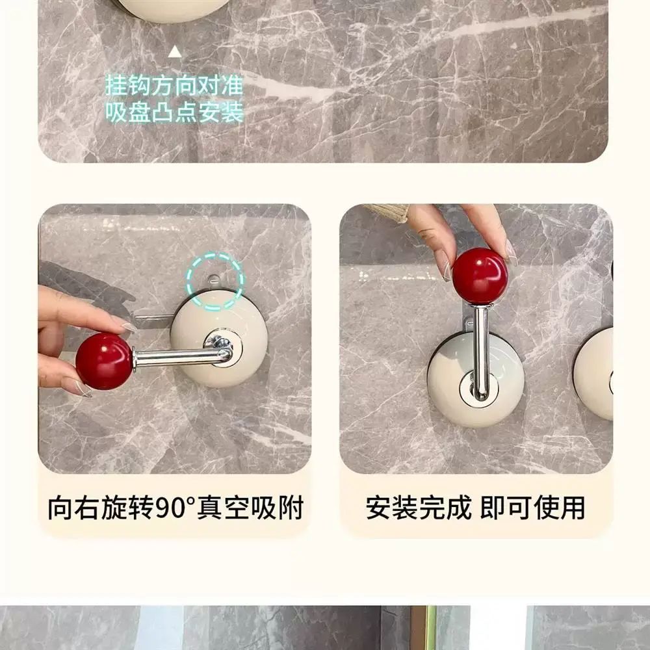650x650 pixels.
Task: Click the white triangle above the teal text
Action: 175,52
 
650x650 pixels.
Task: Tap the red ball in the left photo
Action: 104,361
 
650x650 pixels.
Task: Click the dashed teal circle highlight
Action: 214,281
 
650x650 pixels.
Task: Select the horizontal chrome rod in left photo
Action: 182,357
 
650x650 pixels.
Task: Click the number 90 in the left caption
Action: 170,507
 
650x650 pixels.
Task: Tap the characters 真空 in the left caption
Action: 223,507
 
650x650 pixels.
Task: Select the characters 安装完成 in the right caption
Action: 418,507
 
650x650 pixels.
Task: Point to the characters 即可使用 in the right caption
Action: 533,507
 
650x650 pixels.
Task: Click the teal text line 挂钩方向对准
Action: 174,85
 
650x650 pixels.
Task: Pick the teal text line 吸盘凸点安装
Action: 174,112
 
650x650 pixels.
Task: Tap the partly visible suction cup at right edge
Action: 595,374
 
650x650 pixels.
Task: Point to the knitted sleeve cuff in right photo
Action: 386,213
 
